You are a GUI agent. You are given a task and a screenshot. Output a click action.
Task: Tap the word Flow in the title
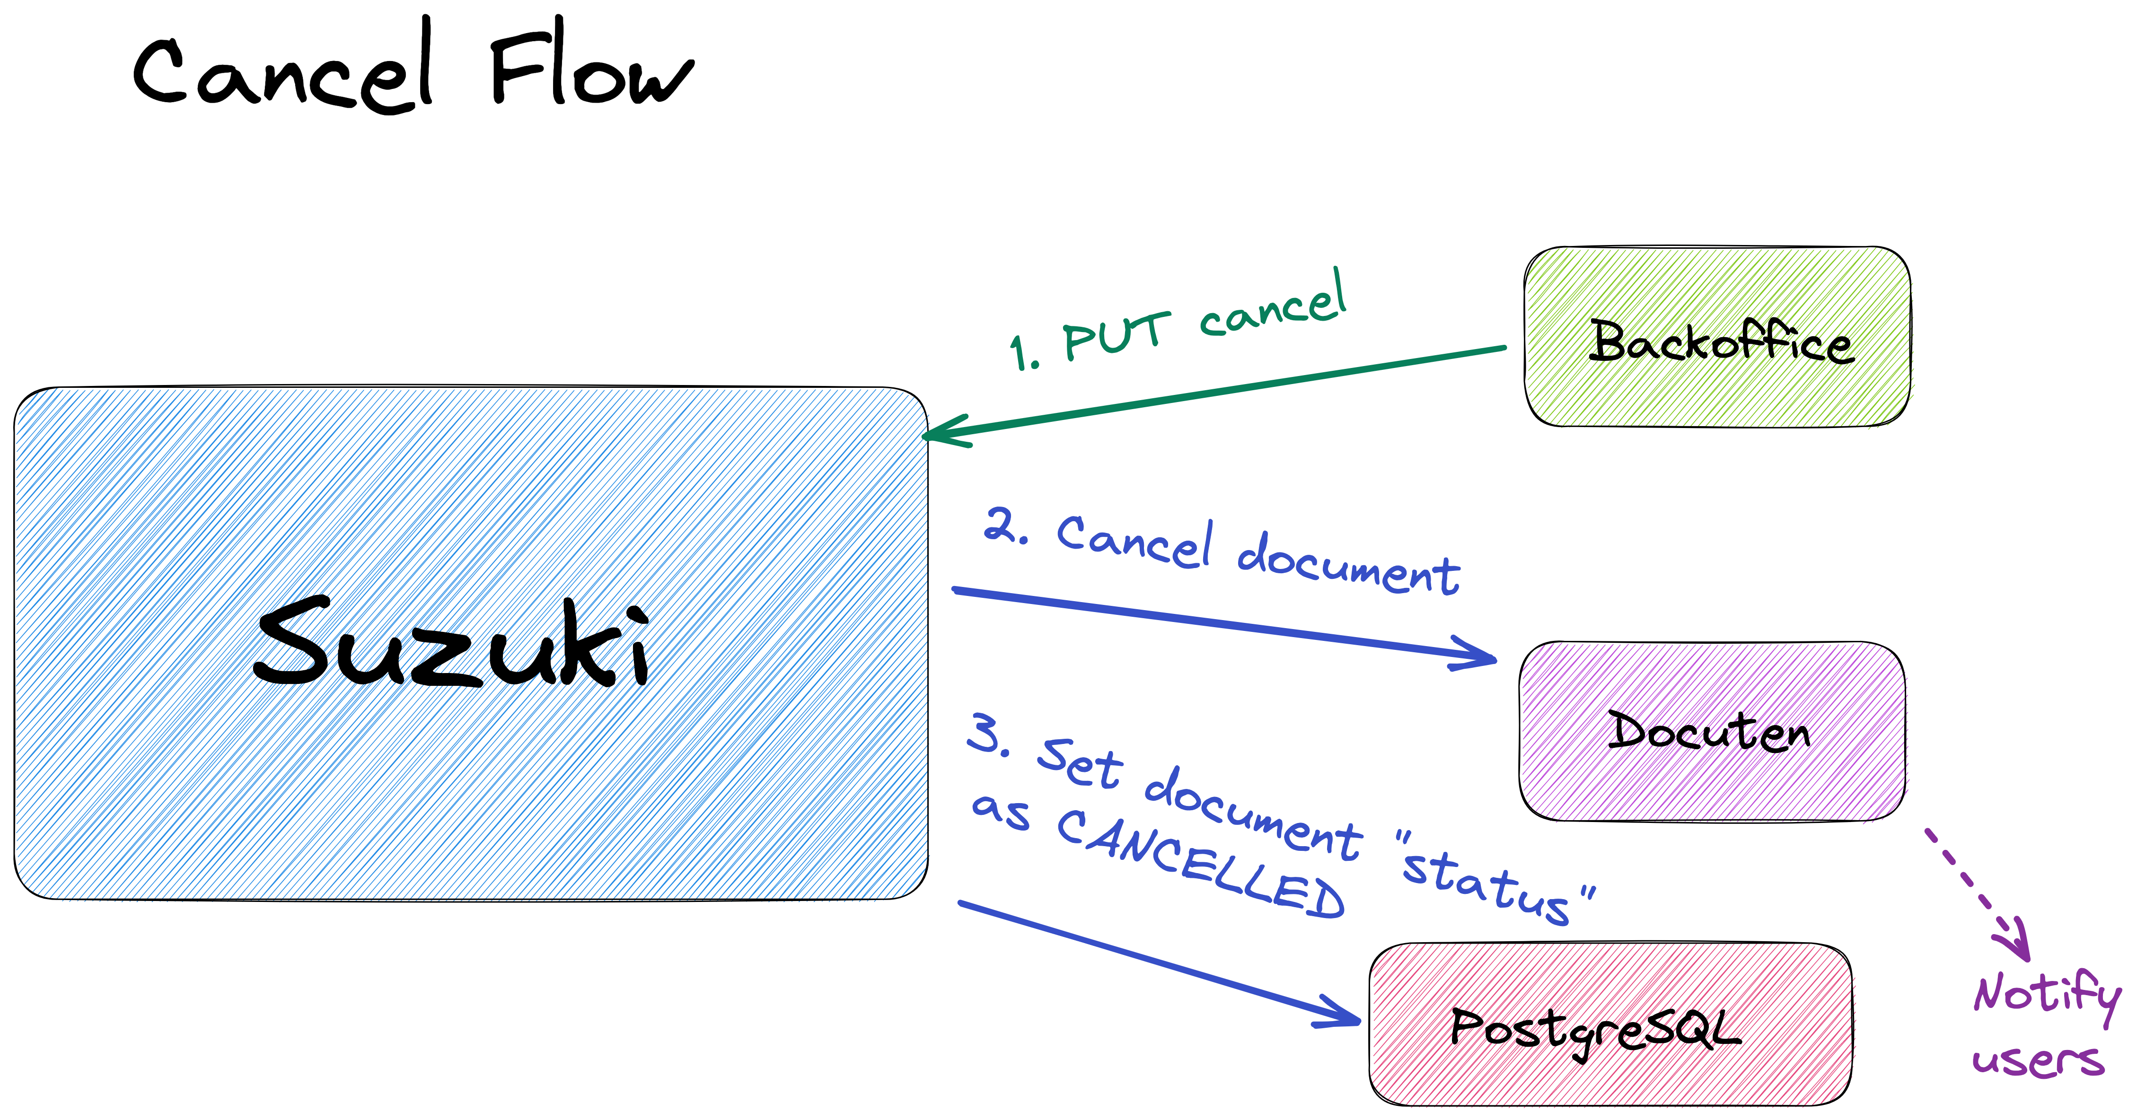(590, 70)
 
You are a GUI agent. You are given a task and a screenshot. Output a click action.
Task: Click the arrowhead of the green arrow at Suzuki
(941, 433)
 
